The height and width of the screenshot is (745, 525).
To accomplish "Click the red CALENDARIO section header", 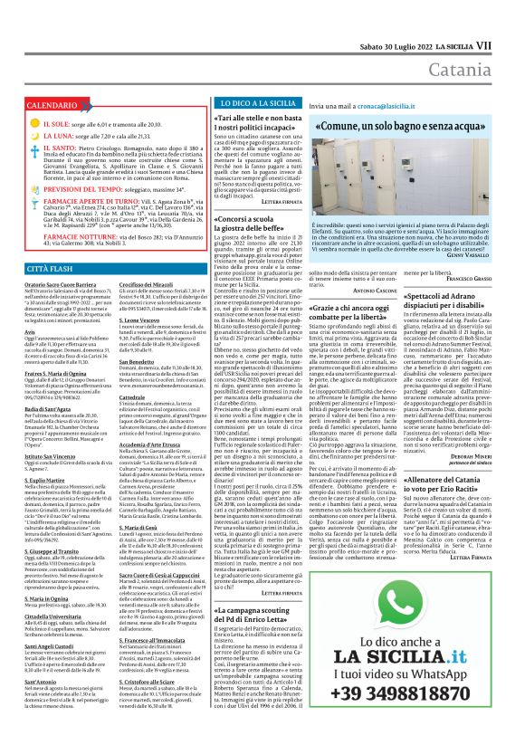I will click(45, 106).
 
